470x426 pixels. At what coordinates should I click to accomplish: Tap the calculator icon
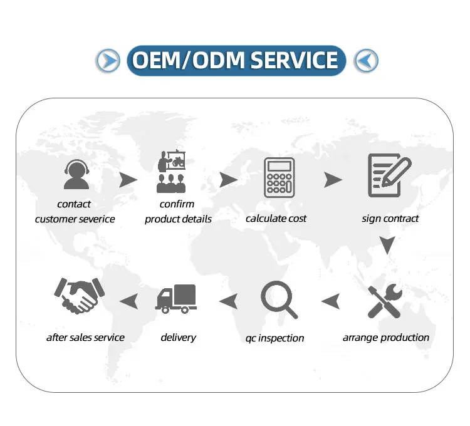tap(279, 178)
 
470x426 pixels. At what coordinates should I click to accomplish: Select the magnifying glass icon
tap(278, 299)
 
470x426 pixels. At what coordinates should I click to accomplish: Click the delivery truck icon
tap(176, 298)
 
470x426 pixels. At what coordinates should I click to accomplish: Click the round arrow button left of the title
tap(108, 60)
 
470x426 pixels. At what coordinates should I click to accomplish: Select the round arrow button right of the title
tap(366, 61)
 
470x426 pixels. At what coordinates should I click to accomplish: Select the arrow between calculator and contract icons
tap(333, 180)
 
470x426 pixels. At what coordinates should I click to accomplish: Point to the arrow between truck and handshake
tap(129, 301)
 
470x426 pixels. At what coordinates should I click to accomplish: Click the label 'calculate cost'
tap(276, 218)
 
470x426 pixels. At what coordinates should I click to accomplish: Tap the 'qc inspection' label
tap(274, 338)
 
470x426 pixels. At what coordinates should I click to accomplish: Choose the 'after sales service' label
tap(85, 337)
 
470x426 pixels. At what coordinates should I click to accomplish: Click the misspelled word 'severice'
tap(95, 219)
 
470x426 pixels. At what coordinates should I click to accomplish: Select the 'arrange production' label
tap(386, 337)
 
